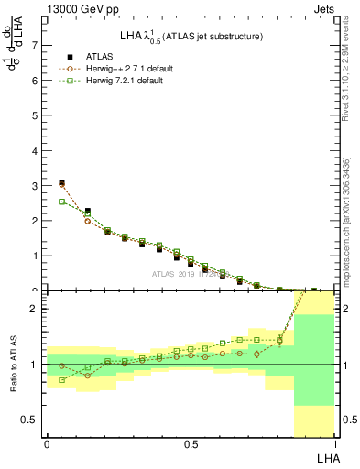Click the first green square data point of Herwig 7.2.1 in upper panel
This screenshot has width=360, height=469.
(x=61, y=202)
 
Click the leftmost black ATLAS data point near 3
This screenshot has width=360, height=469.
(x=61, y=182)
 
